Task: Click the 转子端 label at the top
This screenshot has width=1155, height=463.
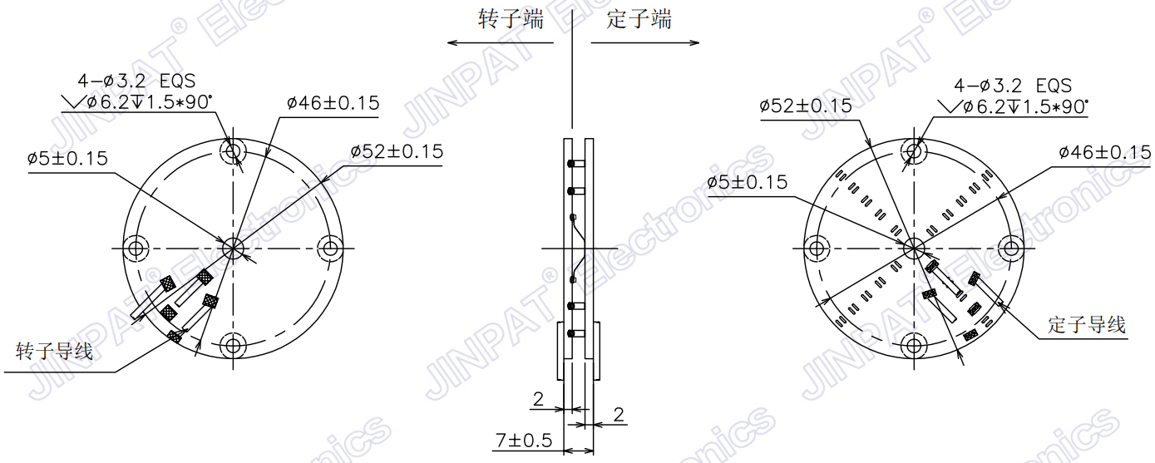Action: (511, 20)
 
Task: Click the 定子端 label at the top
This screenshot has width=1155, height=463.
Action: (639, 20)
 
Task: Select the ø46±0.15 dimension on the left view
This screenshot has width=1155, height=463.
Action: (333, 104)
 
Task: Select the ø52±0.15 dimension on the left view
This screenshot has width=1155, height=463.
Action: (397, 152)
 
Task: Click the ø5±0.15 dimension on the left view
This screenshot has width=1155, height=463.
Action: (67, 159)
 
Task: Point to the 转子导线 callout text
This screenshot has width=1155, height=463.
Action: (55, 352)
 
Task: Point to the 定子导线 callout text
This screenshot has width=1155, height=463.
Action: (1087, 324)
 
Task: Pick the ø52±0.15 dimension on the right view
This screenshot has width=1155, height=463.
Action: (806, 106)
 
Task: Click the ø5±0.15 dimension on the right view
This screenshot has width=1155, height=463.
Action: (747, 183)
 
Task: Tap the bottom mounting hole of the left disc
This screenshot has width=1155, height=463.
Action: (233, 344)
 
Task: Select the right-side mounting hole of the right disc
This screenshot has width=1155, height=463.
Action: (1012, 248)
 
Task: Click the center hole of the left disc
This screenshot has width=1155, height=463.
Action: (233, 247)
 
